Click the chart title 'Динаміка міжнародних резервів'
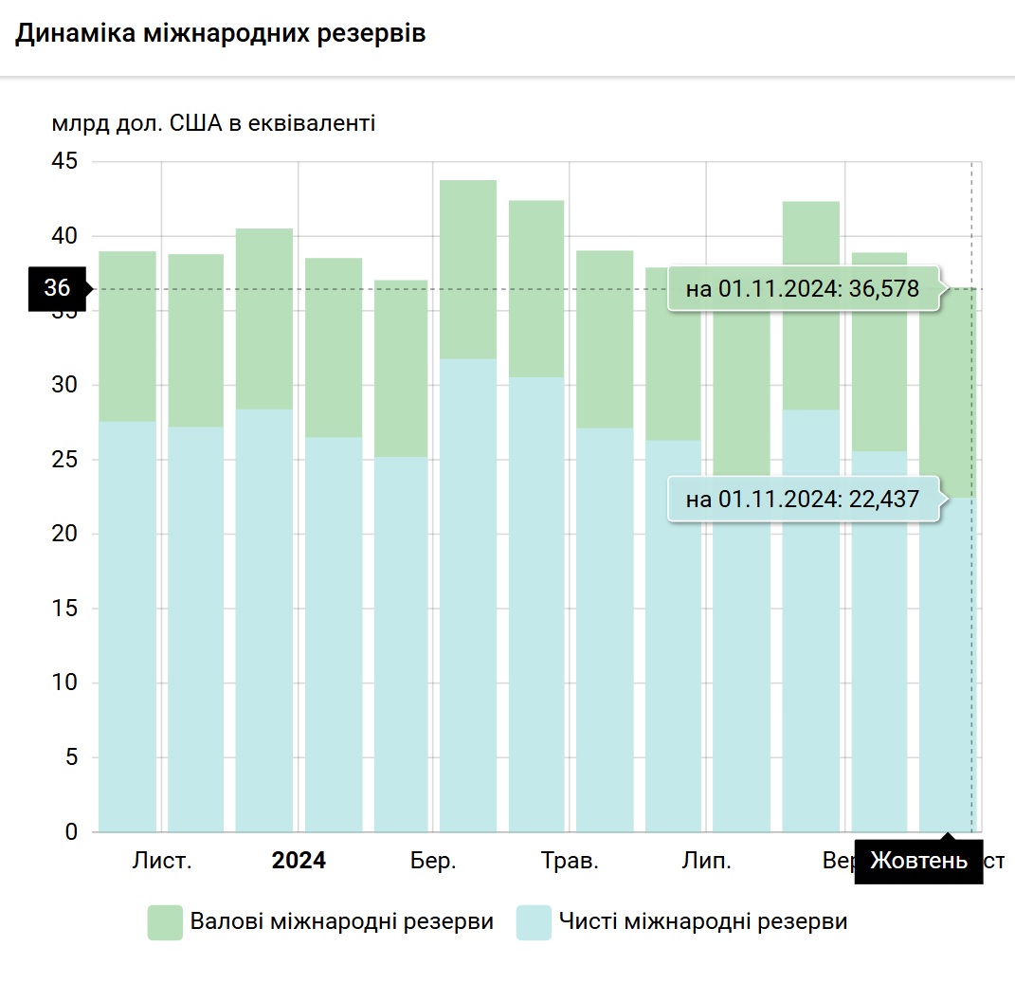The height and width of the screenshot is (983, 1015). (x=220, y=34)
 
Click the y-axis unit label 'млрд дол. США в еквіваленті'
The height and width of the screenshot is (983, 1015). (x=214, y=123)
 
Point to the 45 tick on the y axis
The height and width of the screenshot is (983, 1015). (x=64, y=162)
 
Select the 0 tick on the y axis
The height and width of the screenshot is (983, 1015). (x=70, y=832)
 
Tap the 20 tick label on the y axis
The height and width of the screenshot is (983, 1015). (x=64, y=535)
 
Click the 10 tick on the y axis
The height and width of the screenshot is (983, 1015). (x=64, y=683)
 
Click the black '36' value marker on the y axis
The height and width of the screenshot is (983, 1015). (x=58, y=288)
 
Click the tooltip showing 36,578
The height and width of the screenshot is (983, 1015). (x=803, y=289)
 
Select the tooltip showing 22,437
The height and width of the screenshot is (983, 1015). (x=803, y=499)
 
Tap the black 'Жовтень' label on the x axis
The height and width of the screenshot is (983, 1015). (x=918, y=861)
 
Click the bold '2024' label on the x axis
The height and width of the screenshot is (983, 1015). (x=299, y=861)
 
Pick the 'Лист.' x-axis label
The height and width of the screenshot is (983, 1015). (x=162, y=861)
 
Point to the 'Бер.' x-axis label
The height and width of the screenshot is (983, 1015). (x=433, y=861)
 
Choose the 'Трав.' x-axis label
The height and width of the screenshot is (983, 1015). (x=570, y=861)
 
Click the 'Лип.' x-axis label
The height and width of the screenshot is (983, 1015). (x=706, y=861)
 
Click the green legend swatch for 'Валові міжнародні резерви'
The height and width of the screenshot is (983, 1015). (x=165, y=922)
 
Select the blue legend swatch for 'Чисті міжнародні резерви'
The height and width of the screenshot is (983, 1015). (x=534, y=922)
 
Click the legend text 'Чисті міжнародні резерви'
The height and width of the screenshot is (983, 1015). (x=703, y=921)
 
